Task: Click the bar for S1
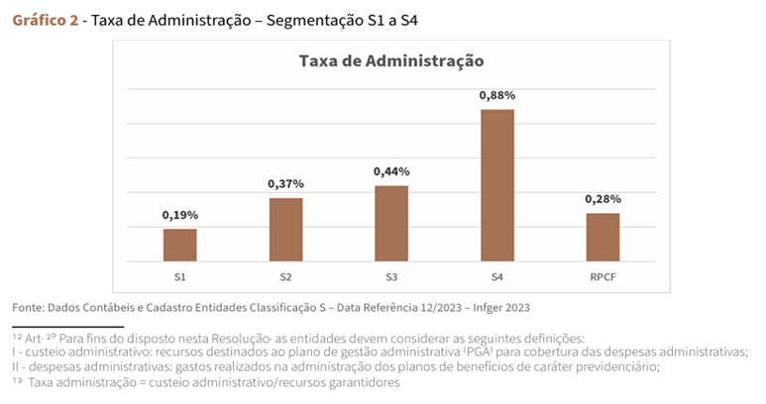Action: point(179,245)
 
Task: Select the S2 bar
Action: point(285,229)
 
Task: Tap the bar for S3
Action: point(391,223)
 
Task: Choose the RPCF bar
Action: point(602,237)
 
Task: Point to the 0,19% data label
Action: point(179,215)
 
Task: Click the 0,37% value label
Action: point(285,183)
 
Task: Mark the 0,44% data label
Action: point(391,171)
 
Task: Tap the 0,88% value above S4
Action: point(497,95)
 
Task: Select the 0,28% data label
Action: point(602,199)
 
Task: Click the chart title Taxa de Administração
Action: point(390,61)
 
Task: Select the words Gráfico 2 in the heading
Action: point(46,20)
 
